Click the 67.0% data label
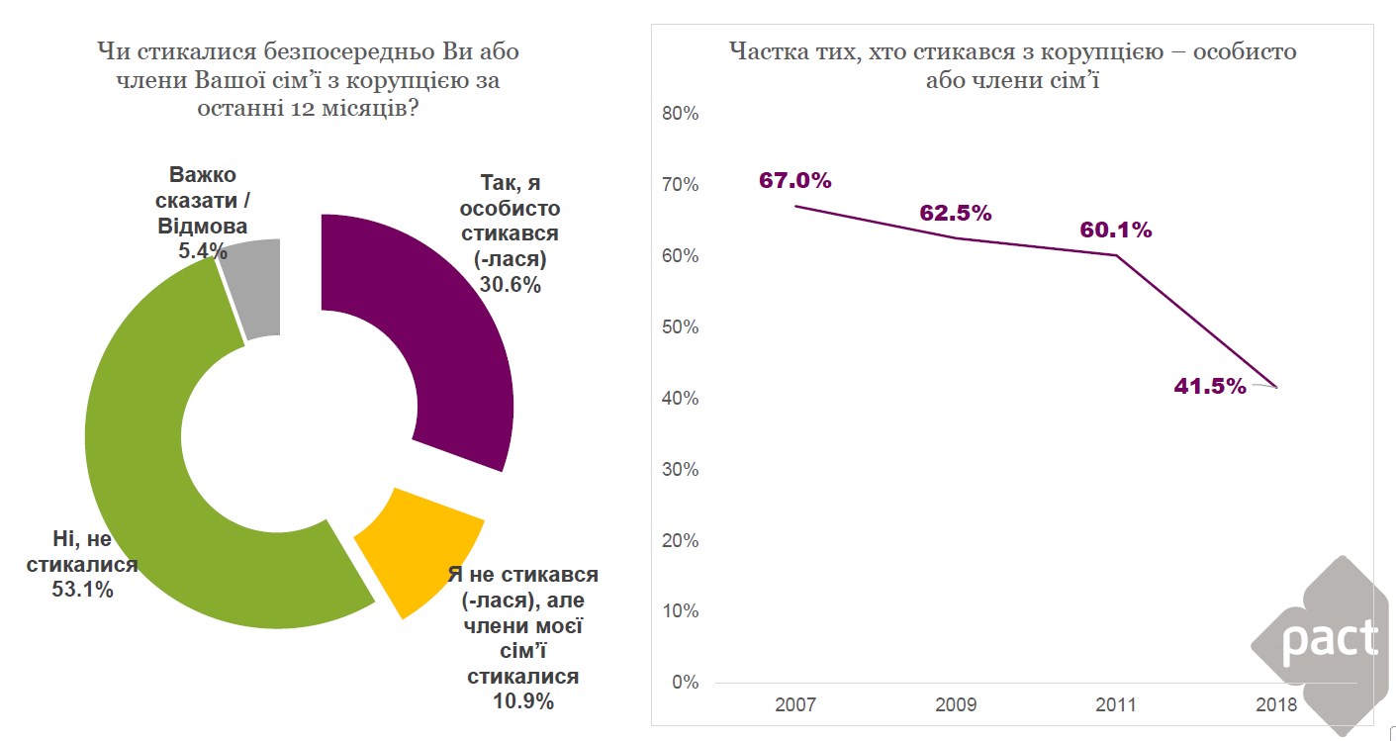[x=795, y=180]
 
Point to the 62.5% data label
[x=955, y=213]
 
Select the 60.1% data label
[x=1115, y=230]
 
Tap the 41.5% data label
[x=1209, y=386]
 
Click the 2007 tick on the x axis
[x=795, y=704]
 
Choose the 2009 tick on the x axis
[x=955, y=704]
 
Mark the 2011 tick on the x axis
[x=1115, y=704]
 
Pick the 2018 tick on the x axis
[x=1275, y=704]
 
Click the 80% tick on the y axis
[x=680, y=114]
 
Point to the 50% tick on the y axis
[x=680, y=327]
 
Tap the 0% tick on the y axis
[x=686, y=683]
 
